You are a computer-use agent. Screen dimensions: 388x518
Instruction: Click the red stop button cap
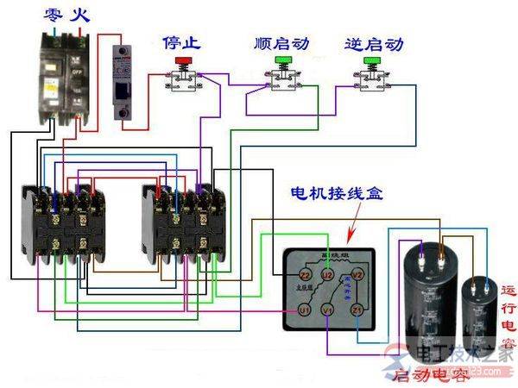point(183,60)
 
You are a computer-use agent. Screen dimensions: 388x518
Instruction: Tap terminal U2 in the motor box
point(327,275)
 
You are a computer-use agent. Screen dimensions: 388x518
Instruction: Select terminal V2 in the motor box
point(361,275)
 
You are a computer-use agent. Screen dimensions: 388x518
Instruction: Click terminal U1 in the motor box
point(305,309)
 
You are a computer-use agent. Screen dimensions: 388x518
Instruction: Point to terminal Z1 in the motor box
point(357,309)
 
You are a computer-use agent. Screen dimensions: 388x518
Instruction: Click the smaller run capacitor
point(480,315)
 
